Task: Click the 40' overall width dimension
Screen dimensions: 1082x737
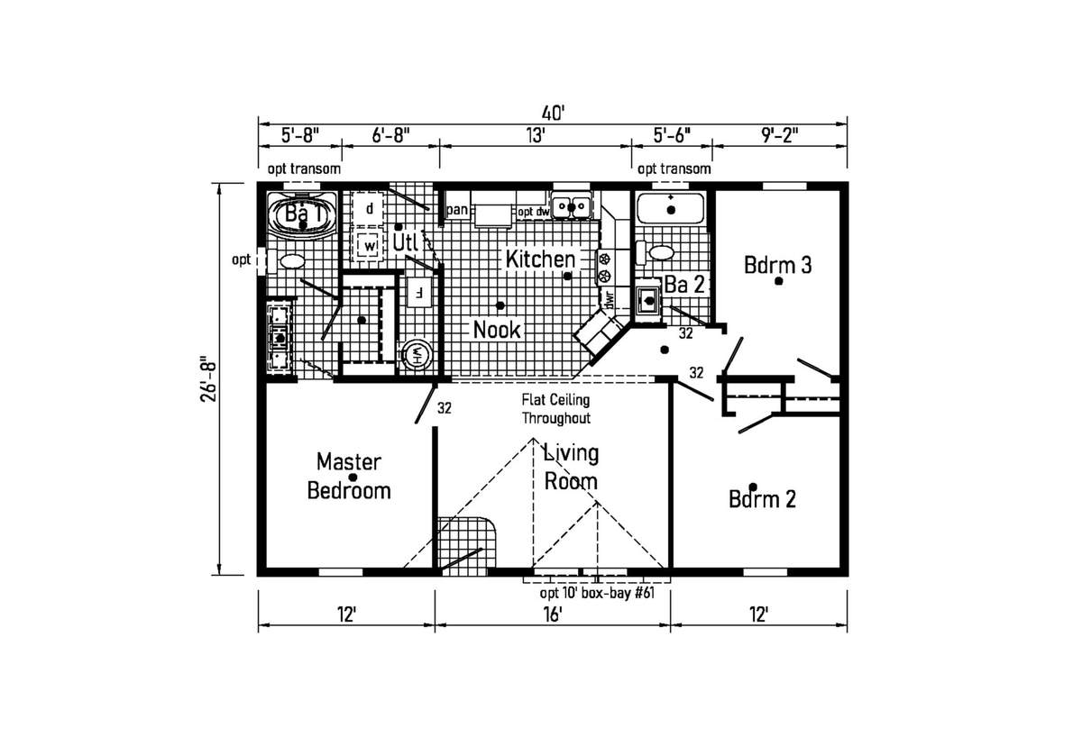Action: (553, 114)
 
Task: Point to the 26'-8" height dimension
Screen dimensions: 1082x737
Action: (209, 379)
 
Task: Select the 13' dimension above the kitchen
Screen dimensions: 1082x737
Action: (536, 136)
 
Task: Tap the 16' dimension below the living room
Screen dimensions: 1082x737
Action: (553, 614)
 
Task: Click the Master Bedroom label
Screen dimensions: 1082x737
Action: (349, 477)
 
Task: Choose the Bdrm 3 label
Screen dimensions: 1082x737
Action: (777, 266)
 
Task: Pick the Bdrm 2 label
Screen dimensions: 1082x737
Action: (762, 499)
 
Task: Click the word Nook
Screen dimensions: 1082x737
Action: (497, 330)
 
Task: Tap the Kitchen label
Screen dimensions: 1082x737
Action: (540, 259)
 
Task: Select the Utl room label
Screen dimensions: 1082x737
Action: (405, 242)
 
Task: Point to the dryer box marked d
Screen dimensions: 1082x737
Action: (368, 209)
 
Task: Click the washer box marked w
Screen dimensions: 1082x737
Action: (370, 246)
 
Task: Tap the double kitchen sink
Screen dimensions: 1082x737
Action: (572, 207)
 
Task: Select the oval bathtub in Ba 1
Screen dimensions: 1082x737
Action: (302, 215)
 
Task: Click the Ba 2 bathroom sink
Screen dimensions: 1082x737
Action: (648, 300)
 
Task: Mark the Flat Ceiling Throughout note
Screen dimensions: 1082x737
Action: (556, 409)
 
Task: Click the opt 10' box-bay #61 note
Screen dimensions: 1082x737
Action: (597, 593)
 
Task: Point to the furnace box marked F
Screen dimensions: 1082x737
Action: (418, 292)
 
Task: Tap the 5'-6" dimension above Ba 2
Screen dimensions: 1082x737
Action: (672, 136)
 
